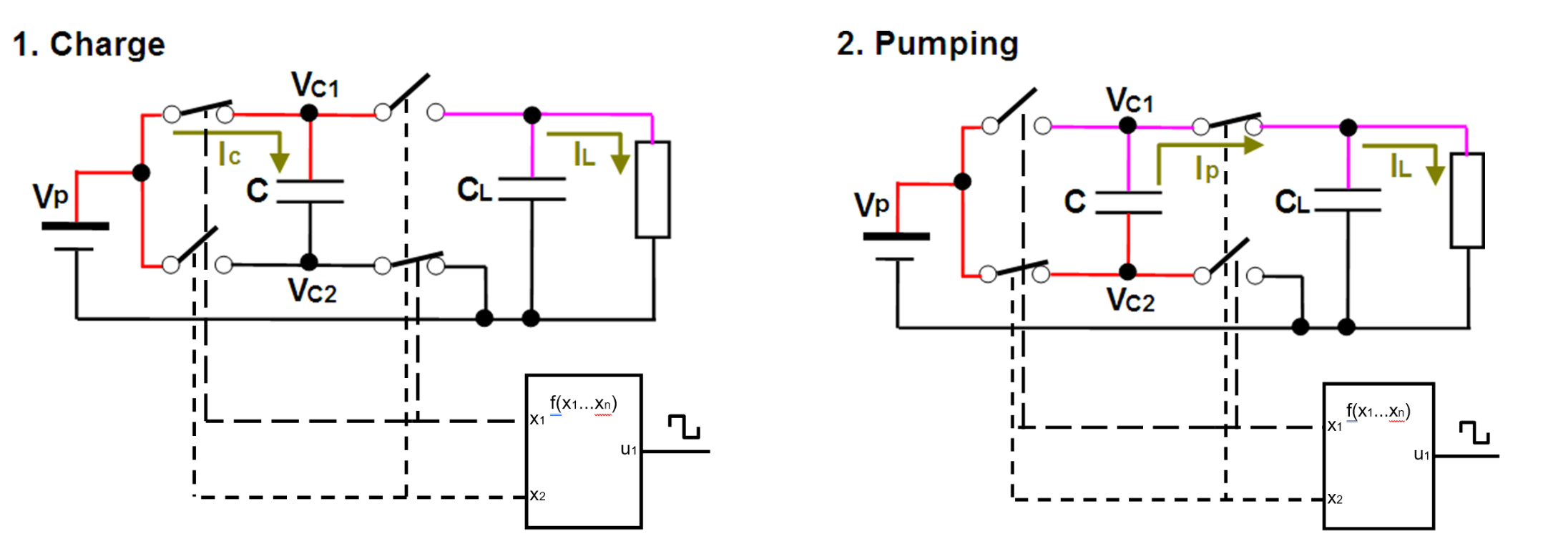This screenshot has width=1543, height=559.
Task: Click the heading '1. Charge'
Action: [x=89, y=44]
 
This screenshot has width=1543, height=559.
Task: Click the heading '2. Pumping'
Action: [x=927, y=44]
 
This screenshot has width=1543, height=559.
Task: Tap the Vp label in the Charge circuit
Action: [x=51, y=195]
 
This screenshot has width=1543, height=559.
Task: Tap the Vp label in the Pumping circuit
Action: [x=871, y=205]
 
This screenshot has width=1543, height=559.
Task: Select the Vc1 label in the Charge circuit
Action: [x=315, y=85]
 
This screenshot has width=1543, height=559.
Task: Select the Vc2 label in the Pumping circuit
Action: [x=1131, y=300]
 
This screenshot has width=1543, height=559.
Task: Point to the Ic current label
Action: [x=230, y=155]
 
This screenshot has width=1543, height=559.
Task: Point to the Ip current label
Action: [x=1206, y=169]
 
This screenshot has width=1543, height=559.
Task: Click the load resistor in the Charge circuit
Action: [x=653, y=190]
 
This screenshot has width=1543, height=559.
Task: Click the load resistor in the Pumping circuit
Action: [x=1467, y=200]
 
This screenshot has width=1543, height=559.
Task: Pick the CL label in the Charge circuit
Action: [x=474, y=190]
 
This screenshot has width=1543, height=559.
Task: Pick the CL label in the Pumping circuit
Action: [x=1292, y=203]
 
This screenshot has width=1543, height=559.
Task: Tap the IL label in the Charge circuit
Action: [x=584, y=155]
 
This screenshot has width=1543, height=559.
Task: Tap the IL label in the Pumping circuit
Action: [x=1401, y=167]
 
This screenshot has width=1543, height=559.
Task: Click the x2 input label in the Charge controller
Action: [x=538, y=495]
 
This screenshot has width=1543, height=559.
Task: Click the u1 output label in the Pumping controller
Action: [x=1421, y=455]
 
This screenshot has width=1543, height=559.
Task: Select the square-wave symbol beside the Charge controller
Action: [x=684, y=427]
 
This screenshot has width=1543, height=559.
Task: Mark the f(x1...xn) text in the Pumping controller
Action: [x=1378, y=411]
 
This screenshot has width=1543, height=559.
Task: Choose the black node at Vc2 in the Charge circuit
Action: [x=309, y=262]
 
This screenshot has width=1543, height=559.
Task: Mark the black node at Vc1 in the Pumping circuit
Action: [x=1128, y=126]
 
